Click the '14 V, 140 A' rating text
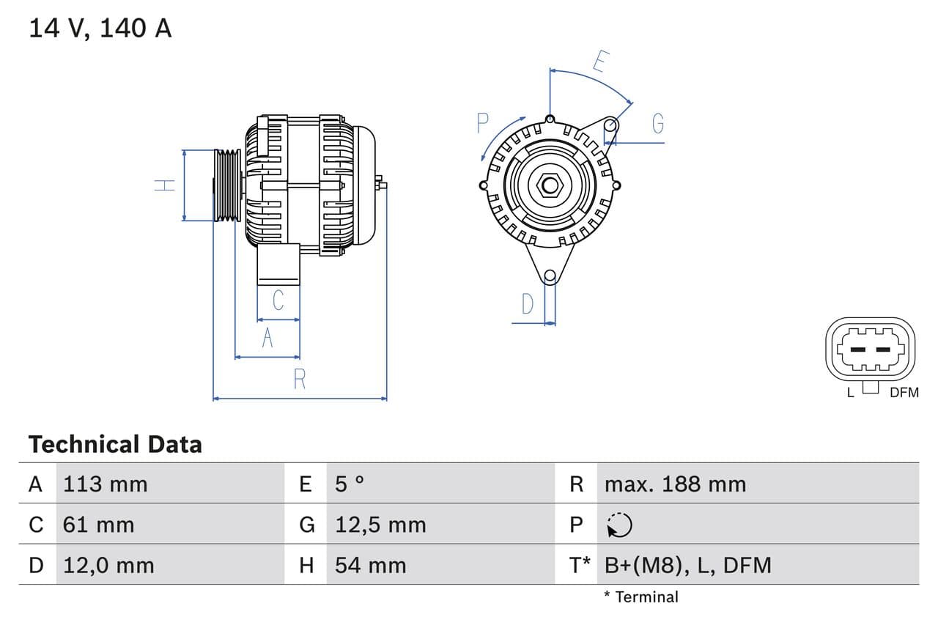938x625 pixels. [x=100, y=29]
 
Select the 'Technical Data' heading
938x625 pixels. [x=115, y=444]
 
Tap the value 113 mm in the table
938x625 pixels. [x=105, y=484]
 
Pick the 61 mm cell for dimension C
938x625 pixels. [x=98, y=525]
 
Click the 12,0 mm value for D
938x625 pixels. [x=108, y=565]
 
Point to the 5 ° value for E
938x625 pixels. [x=350, y=484]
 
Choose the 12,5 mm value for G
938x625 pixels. [x=380, y=525]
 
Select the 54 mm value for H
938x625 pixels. [x=370, y=565]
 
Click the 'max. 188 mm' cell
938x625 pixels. [x=675, y=484]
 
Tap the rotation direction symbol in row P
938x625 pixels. [x=619, y=525]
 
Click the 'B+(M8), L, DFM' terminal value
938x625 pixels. [x=687, y=565]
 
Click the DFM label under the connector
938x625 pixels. [x=904, y=393]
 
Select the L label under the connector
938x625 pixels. [x=850, y=393]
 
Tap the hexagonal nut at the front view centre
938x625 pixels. [x=550, y=185]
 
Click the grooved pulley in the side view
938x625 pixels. [x=227, y=185]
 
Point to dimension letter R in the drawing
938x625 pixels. [x=300, y=380]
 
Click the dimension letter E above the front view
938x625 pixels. [x=599, y=62]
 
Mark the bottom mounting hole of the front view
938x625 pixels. [x=550, y=276]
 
